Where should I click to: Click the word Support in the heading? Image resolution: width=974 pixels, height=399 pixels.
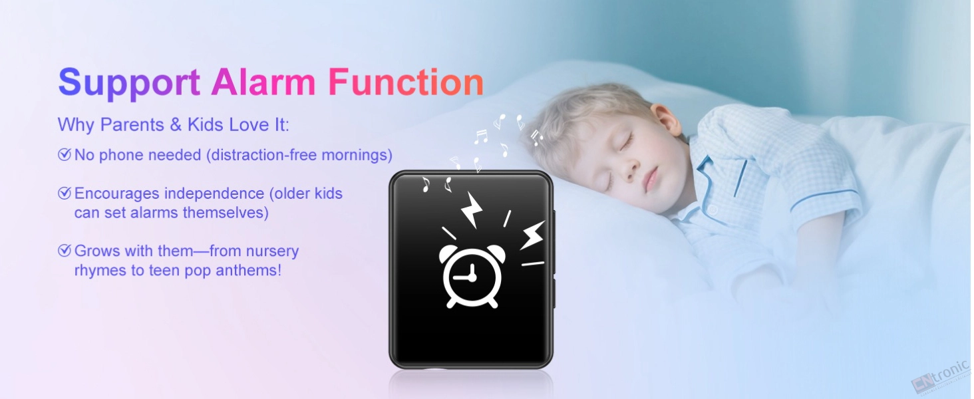coord(129,82)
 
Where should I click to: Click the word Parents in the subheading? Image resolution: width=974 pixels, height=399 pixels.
coord(132,125)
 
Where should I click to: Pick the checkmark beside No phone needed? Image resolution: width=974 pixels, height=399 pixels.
coord(65,154)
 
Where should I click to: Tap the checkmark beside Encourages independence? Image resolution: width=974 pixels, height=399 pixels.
coord(65,193)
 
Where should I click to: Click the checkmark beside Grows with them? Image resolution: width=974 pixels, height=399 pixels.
coord(65,250)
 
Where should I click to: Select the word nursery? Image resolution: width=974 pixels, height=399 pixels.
coord(273,251)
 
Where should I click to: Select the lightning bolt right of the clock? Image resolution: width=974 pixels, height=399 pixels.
coord(533,235)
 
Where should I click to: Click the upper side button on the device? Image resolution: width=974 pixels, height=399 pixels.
coord(554,241)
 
